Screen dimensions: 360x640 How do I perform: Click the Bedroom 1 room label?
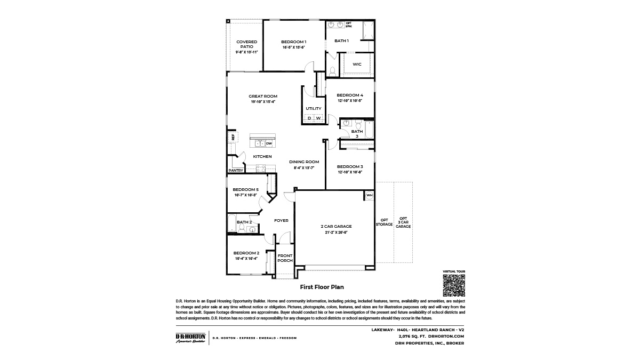(x=293, y=42)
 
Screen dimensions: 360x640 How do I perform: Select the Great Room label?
(x=263, y=97)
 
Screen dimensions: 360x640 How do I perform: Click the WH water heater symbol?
(x=369, y=196)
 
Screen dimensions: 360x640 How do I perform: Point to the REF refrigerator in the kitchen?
(x=233, y=137)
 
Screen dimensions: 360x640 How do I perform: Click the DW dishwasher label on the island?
(x=269, y=143)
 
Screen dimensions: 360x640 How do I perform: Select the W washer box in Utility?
(x=318, y=118)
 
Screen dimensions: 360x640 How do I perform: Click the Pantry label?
(x=236, y=171)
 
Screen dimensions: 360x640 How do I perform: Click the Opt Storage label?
(x=384, y=222)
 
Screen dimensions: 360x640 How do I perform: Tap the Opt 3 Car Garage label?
(x=403, y=222)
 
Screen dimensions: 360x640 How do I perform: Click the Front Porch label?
(x=285, y=258)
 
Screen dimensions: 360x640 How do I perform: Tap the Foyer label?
(x=281, y=220)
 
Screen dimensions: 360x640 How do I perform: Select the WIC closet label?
(x=357, y=64)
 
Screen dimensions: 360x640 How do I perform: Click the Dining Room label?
(x=304, y=162)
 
